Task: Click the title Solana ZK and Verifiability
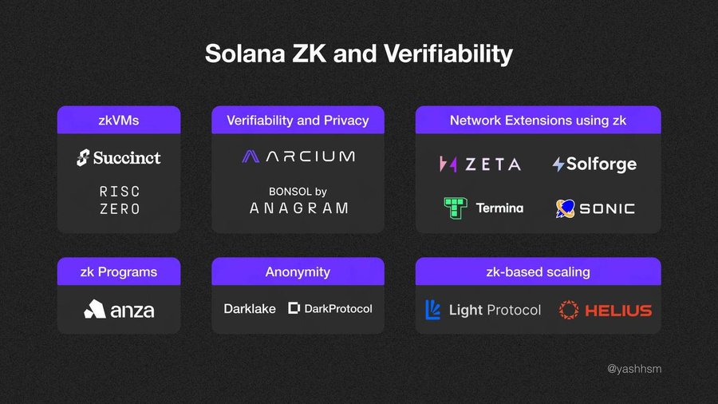pyautogui.click(x=358, y=53)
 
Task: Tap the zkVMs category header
pyautogui.click(x=118, y=121)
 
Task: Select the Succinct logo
pyautogui.click(x=118, y=157)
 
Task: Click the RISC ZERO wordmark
pyautogui.click(x=119, y=200)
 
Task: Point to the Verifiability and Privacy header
pyautogui.click(x=298, y=121)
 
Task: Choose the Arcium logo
pyautogui.click(x=298, y=156)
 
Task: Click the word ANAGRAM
pyautogui.click(x=298, y=208)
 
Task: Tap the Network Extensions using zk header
pyautogui.click(x=538, y=121)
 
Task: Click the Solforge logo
pyautogui.click(x=594, y=164)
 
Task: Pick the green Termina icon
pyautogui.click(x=455, y=208)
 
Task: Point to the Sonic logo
pyautogui.click(x=595, y=208)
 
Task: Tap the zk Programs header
pyautogui.click(x=118, y=271)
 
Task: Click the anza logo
pyautogui.click(x=119, y=309)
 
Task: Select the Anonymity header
pyautogui.click(x=298, y=271)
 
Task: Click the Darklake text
pyautogui.click(x=250, y=308)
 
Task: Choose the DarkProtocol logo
pyautogui.click(x=329, y=308)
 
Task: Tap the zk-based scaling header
pyautogui.click(x=538, y=271)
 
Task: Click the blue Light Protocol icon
pyautogui.click(x=432, y=310)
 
